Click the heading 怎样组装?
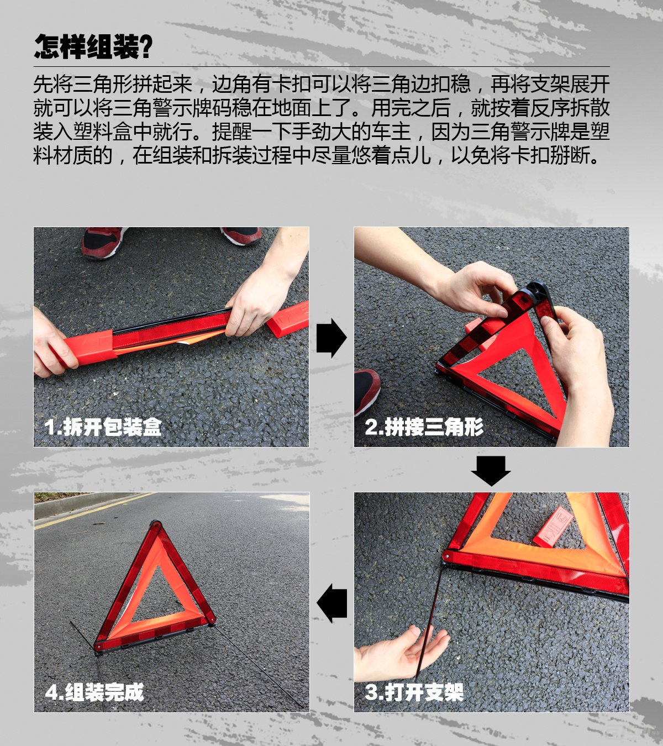click(93, 47)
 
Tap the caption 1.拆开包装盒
click(103, 427)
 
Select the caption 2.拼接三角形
click(424, 427)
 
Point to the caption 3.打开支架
click(414, 692)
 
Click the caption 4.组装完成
click(94, 692)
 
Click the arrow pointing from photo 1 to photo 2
click(331, 338)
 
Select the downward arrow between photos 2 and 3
click(491, 471)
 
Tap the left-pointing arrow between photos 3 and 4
click(331, 603)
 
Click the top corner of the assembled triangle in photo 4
click(155, 524)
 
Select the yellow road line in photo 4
click(92, 511)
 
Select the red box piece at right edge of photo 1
click(288, 319)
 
